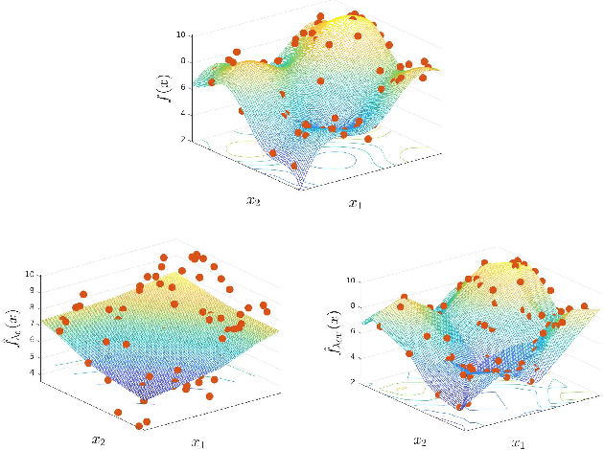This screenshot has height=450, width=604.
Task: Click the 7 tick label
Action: [33, 324]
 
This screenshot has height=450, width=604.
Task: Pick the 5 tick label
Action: [33, 356]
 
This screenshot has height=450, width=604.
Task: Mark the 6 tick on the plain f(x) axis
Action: [180, 88]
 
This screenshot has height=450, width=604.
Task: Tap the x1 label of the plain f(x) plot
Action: [355, 203]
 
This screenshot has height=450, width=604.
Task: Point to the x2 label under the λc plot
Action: [98, 439]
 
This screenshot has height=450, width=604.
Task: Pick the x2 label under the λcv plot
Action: [419, 439]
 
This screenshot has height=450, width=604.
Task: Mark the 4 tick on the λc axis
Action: [33, 372]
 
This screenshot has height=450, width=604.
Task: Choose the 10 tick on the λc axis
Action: [31, 275]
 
